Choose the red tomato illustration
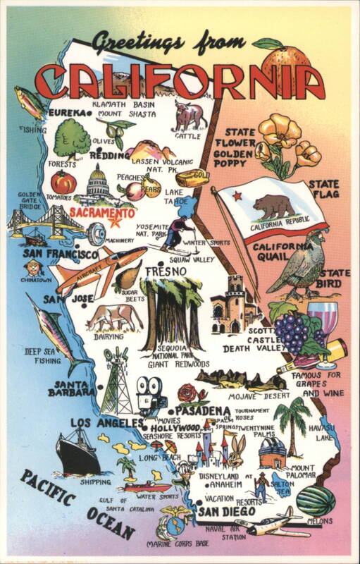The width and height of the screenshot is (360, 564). coord(63,183)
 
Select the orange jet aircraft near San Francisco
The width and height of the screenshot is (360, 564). coord(95,269)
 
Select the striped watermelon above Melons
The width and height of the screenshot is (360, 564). coord(315,500)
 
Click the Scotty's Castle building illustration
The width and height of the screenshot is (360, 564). coord(234,304)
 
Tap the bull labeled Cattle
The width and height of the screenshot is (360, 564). coord(189,115)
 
